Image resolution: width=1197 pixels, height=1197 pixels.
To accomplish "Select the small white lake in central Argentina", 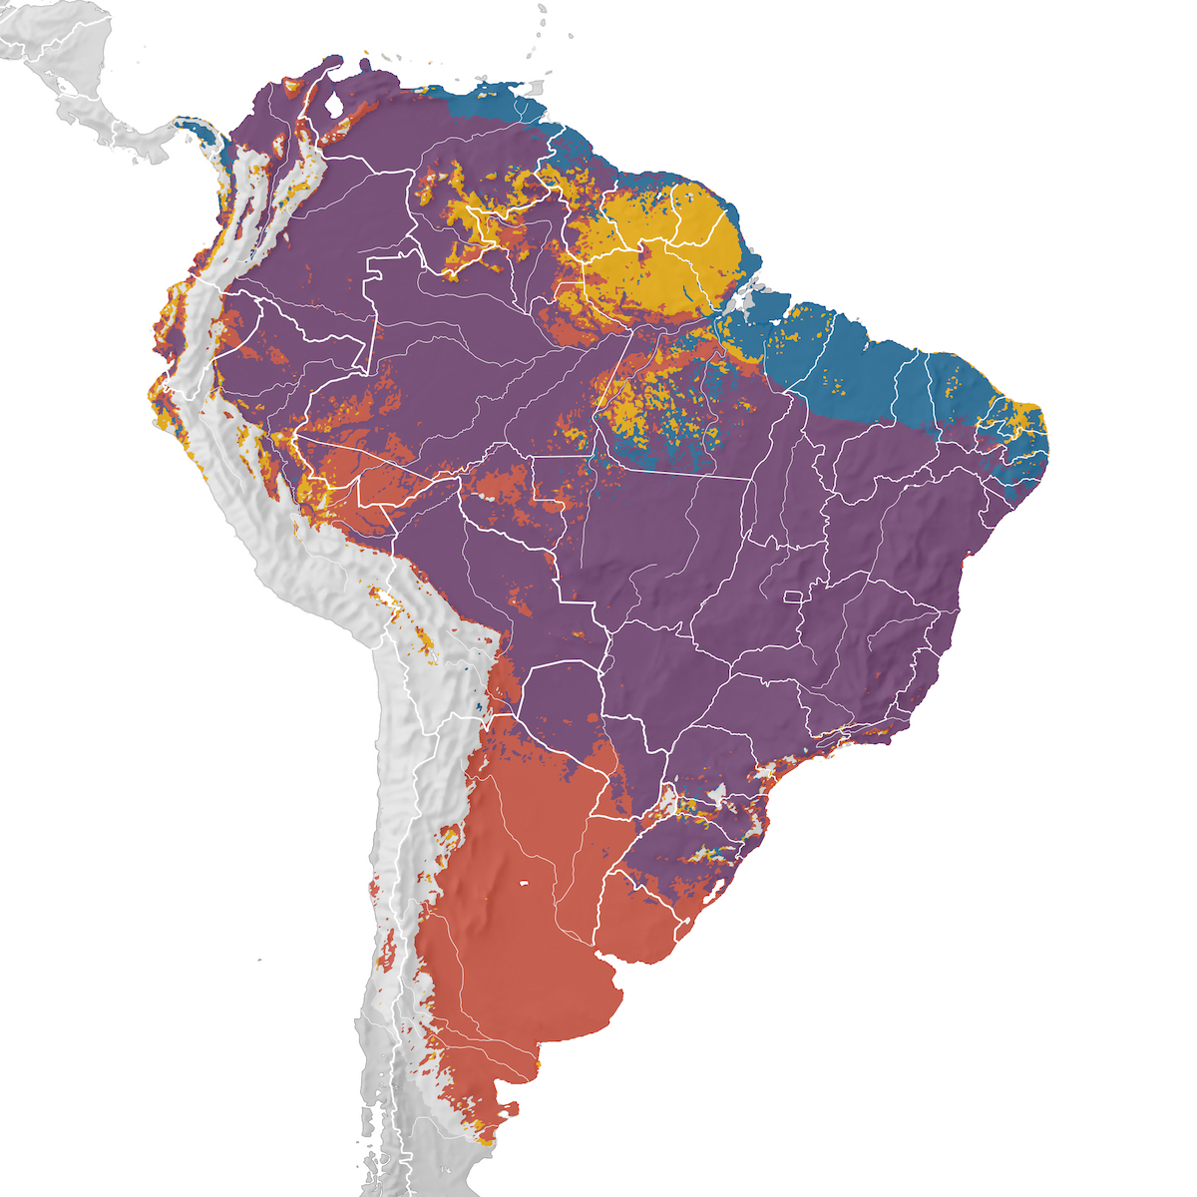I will (x=523, y=883).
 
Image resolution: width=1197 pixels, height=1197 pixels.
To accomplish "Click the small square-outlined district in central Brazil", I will (x=793, y=597).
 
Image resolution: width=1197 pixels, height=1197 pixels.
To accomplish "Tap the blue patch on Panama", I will (x=204, y=135).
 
